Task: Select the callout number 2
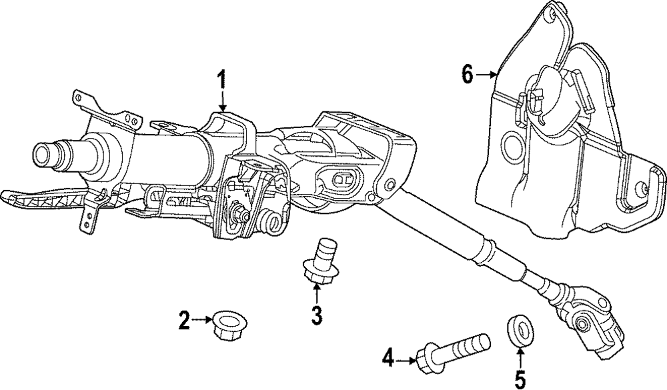tap(184, 320)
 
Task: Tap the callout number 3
tap(316, 315)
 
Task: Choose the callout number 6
tap(467, 75)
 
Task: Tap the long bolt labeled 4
tap(453, 351)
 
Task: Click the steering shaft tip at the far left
tap(44, 155)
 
